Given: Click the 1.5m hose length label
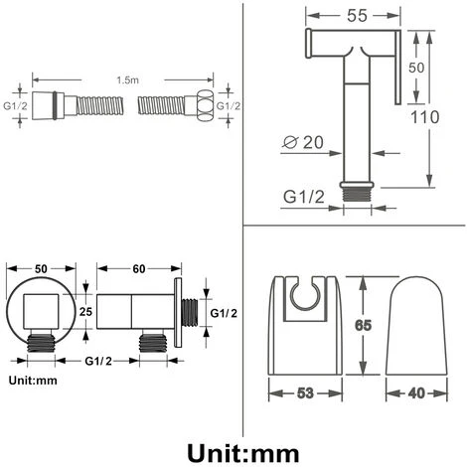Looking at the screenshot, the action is (127, 80).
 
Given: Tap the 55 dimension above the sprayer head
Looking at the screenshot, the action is (357, 16).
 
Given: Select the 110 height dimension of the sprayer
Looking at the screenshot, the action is (425, 117).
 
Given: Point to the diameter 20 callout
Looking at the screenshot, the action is (303, 142).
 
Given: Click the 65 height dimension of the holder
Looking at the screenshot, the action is (363, 325).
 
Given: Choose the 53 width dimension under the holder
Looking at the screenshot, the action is (305, 393).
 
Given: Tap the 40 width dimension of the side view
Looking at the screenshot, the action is (416, 393).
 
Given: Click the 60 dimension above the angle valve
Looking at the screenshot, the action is (139, 269).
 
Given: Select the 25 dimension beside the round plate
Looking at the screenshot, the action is (85, 311).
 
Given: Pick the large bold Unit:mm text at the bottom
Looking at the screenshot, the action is (243, 453).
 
